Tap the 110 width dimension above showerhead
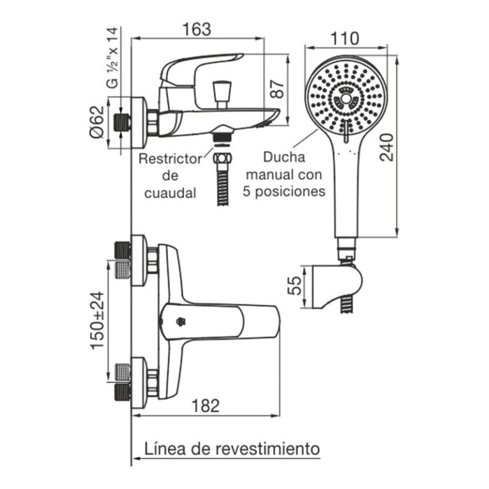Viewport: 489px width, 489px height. (345, 38)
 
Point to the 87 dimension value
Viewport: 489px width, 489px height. (276, 88)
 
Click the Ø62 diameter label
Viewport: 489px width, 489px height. (96, 123)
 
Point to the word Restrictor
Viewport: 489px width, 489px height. (170, 159)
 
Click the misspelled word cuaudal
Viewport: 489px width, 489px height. (170, 192)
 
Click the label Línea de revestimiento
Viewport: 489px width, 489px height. (232, 448)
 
